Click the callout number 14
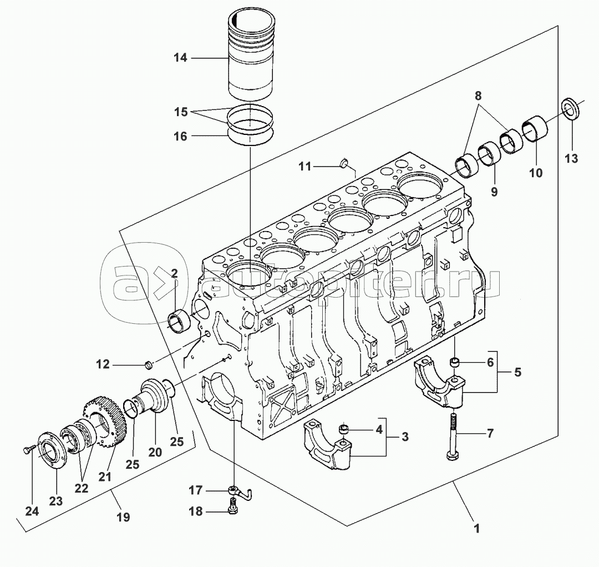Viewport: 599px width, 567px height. (180, 58)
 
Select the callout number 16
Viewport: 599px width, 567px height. (180, 136)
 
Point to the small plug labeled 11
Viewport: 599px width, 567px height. (344, 163)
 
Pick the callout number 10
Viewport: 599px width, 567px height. (536, 173)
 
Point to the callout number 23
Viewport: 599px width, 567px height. (56, 501)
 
